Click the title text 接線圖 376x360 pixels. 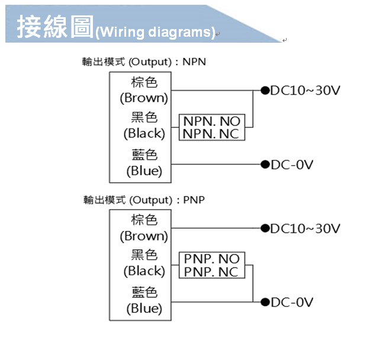54,27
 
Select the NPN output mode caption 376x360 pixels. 144,62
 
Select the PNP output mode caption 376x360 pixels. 144,200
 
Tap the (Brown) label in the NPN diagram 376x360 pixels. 144,98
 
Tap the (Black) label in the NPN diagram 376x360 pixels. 144,133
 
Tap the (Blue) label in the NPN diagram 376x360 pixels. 144,171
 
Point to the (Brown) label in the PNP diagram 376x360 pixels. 144,236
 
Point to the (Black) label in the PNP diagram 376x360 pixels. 144,271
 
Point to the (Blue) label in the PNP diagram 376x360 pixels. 144,308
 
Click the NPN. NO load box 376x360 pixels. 211,121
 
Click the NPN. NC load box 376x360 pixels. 211,134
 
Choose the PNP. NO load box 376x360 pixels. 211,259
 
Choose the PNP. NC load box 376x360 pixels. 211,272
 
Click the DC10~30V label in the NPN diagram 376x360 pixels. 306,91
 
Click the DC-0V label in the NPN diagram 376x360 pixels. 292,165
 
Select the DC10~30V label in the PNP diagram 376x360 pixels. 306,229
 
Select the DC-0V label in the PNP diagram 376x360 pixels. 292,303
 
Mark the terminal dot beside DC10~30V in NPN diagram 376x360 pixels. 265,91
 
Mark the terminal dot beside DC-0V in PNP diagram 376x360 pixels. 265,303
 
